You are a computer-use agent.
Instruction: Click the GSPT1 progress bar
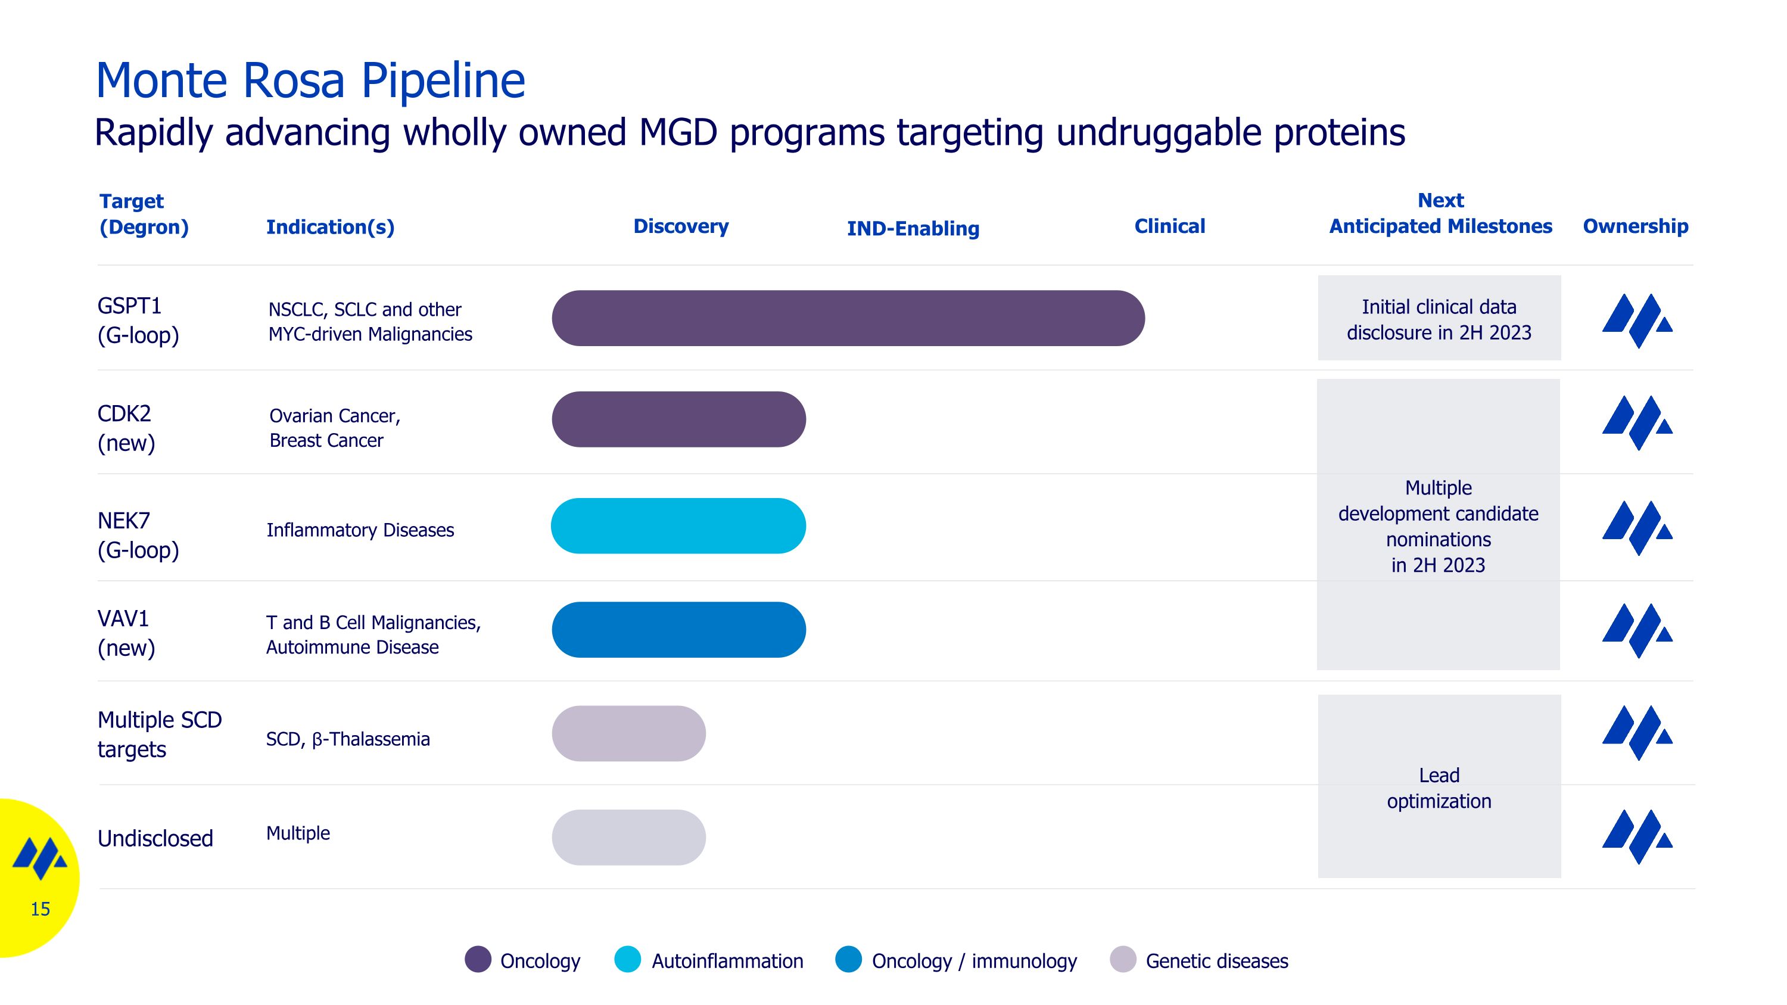point(848,318)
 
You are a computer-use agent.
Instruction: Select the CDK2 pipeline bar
point(678,419)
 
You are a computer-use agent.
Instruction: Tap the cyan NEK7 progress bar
point(678,526)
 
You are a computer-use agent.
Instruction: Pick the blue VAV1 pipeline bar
point(678,630)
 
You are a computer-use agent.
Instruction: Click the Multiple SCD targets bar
point(628,734)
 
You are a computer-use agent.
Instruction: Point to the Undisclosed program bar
point(628,837)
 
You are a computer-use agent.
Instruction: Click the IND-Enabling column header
point(913,228)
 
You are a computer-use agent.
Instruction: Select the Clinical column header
point(1170,226)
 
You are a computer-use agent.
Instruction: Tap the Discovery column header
point(680,226)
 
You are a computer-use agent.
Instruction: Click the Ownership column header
point(1635,226)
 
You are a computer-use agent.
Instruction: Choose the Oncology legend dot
point(478,959)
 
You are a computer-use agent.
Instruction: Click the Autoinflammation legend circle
point(628,959)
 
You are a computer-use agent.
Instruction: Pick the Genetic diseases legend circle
point(1123,959)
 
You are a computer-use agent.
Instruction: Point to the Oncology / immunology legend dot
point(848,959)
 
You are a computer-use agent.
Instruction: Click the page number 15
point(41,908)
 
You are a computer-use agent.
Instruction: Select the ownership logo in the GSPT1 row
point(1637,321)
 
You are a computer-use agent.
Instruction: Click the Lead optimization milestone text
point(1439,788)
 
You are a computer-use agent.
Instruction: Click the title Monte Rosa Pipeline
point(310,80)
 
